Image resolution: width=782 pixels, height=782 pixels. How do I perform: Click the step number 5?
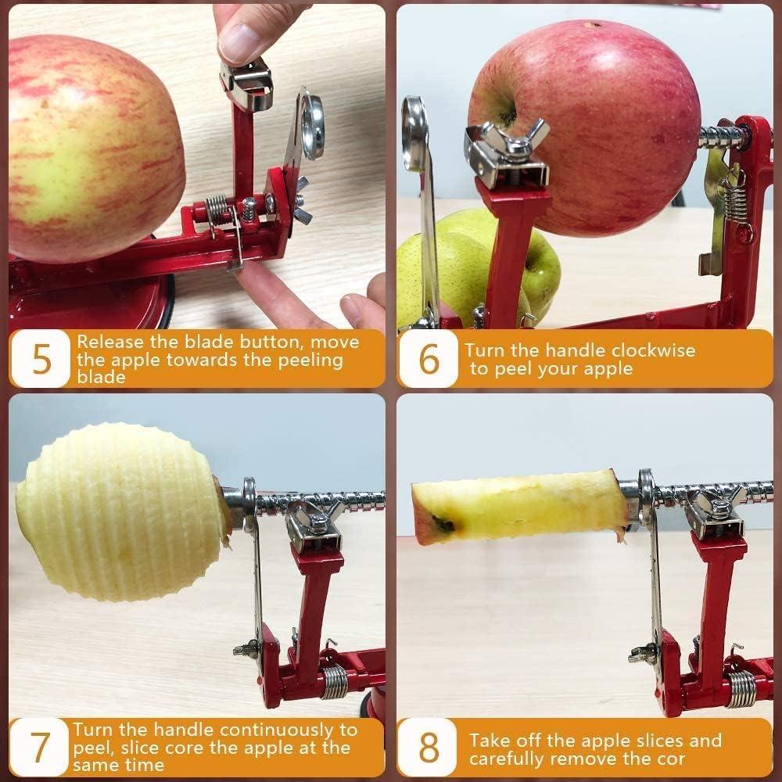(41, 359)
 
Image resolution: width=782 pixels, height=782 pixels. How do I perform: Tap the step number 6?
(429, 359)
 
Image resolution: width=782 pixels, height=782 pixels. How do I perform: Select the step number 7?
(41, 748)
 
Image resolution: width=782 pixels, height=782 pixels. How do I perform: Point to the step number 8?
(429, 748)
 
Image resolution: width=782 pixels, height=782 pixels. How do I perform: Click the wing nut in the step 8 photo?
(716, 504)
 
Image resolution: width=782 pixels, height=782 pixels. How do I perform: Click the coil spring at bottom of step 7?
(335, 681)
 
